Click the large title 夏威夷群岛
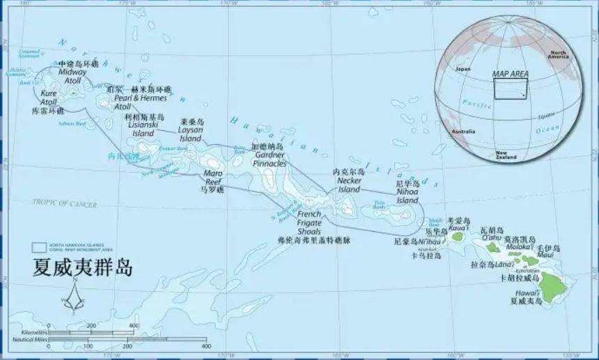click(81, 267)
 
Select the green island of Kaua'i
click(458, 236)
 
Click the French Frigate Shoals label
click(309, 222)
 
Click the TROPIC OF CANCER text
click(64, 203)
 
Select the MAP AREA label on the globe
click(510, 73)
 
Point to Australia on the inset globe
click(462, 132)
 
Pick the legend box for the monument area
click(39, 247)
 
